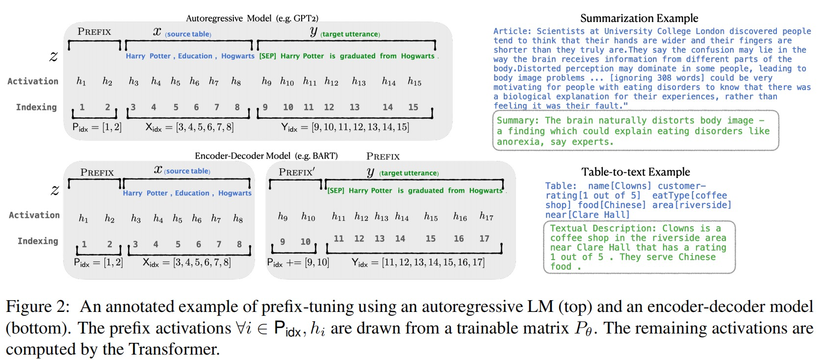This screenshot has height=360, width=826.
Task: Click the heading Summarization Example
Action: tap(639, 19)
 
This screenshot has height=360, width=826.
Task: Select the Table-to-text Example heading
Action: tap(636, 172)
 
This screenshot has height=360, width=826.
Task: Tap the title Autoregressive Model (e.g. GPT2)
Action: tap(252, 19)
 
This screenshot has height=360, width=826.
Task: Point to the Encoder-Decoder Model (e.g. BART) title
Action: tap(266, 156)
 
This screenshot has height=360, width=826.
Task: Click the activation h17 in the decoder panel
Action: tap(486, 216)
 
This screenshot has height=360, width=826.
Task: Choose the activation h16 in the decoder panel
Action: tap(460, 216)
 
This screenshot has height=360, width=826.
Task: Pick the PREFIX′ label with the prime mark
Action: tap(297, 172)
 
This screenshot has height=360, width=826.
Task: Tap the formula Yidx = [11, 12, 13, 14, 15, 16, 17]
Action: tap(418, 263)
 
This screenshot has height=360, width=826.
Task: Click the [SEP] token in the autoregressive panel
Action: tap(267, 56)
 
